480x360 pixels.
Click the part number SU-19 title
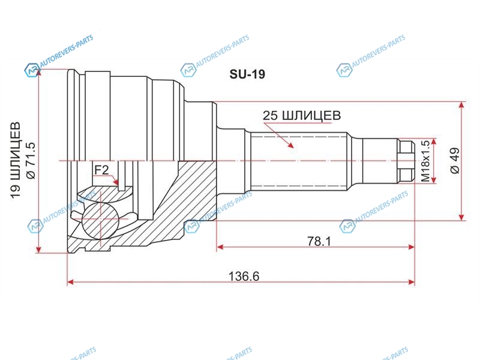point(247,74)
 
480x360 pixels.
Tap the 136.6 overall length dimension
point(244,277)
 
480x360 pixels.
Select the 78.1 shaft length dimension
point(319,242)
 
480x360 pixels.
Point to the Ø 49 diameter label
point(455,160)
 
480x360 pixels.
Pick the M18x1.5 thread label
point(425,161)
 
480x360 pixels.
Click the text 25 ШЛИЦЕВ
point(302,115)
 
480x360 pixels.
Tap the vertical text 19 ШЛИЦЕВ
point(16,161)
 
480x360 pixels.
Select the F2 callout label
point(101,170)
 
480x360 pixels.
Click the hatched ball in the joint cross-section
point(100,219)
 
